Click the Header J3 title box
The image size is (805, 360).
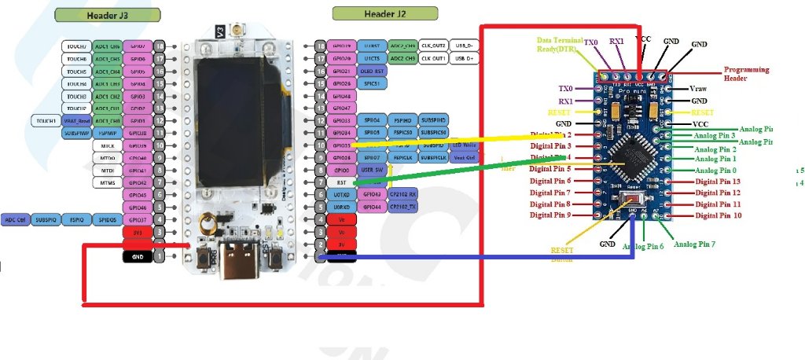(x=108, y=14)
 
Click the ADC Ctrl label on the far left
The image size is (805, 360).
(x=16, y=219)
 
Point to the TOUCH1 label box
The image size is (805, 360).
(x=45, y=121)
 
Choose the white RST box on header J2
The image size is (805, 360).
(x=342, y=182)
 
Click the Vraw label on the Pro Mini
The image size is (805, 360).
(x=699, y=89)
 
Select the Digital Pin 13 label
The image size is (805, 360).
(x=718, y=182)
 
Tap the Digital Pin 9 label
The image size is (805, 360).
(x=550, y=215)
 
